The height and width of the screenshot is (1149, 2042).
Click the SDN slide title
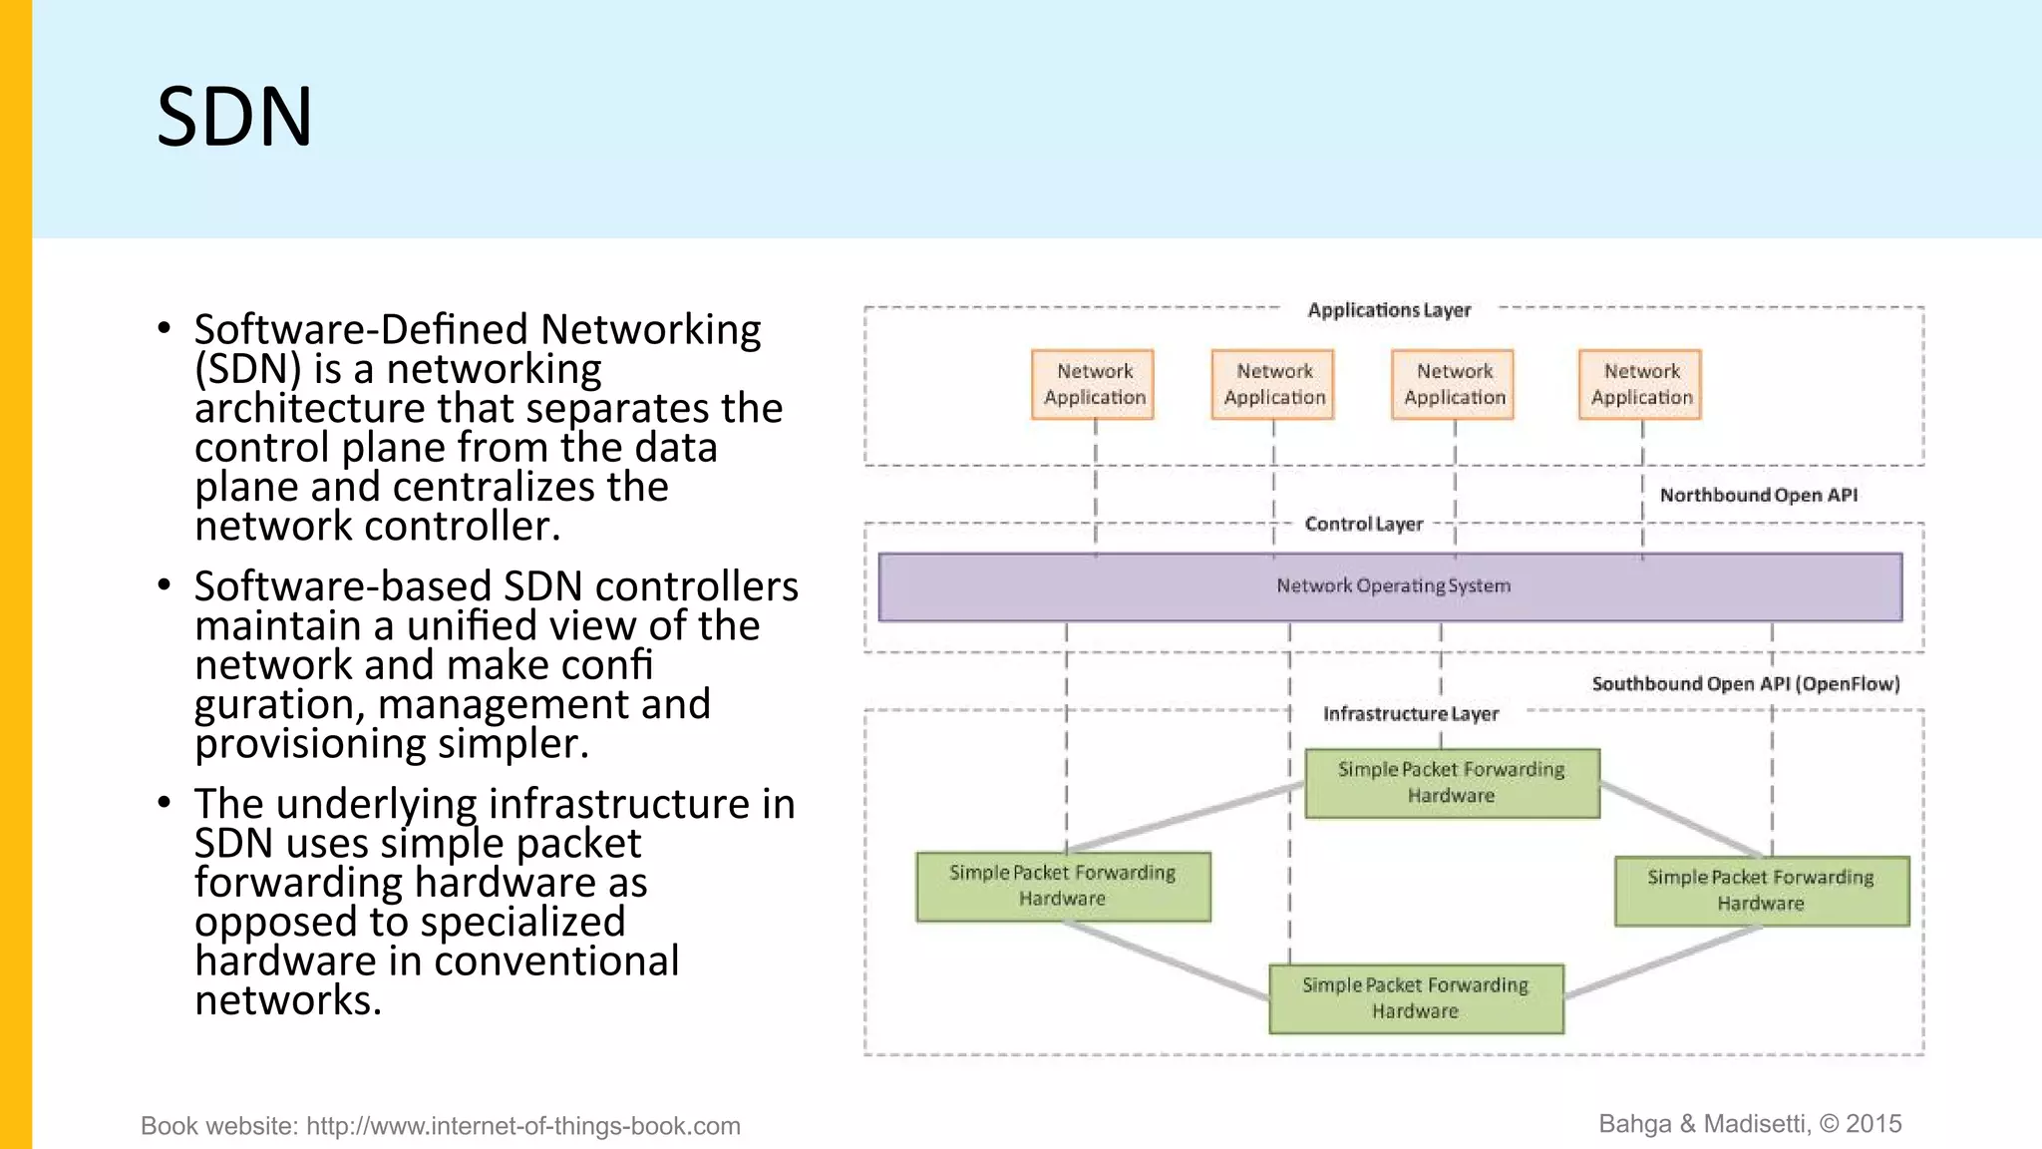click(x=235, y=118)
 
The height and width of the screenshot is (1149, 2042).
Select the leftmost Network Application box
click(x=1094, y=384)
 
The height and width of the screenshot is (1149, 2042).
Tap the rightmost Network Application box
click(x=1640, y=384)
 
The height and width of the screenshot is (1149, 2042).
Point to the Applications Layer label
click(x=1389, y=310)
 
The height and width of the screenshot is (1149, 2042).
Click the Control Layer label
click(x=1363, y=524)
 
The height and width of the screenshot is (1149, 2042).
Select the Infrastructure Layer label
click(x=1410, y=713)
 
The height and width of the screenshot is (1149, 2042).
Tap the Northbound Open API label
click(x=1758, y=495)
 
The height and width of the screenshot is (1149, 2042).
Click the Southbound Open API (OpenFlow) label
click(x=1745, y=683)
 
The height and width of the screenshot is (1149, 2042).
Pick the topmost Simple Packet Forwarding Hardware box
click(x=1452, y=783)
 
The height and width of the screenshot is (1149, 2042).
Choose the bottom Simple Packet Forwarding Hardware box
click(x=1416, y=998)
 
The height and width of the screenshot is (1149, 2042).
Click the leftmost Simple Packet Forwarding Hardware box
click(x=1063, y=886)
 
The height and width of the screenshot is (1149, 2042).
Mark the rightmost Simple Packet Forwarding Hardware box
click(x=1761, y=891)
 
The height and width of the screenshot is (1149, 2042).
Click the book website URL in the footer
click(x=522, y=1126)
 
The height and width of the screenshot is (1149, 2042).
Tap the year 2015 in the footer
click(x=1873, y=1124)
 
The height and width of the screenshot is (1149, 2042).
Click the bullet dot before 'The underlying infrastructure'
click(x=165, y=801)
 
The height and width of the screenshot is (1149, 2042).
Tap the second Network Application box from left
click(x=1273, y=384)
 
